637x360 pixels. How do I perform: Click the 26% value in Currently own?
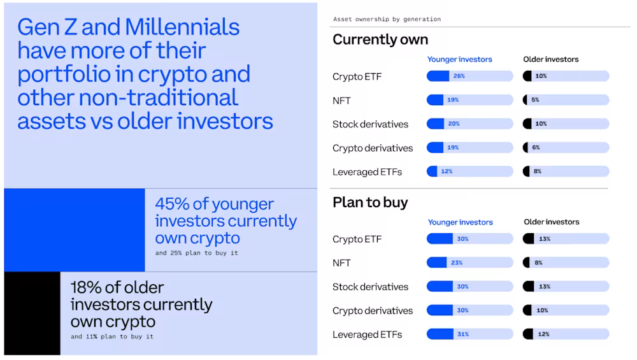459,76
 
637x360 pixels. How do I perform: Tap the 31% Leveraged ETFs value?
462,335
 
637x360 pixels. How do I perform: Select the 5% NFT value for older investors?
535,100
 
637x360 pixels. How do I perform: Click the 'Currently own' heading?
380,40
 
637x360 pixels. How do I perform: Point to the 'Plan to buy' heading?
370,203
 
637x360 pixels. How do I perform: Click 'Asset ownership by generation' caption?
387,19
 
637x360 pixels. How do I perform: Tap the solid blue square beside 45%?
75,230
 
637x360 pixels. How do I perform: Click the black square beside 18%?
32,313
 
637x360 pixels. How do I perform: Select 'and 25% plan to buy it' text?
197,254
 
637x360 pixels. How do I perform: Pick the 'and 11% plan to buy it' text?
112,336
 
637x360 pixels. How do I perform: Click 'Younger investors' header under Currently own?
459,59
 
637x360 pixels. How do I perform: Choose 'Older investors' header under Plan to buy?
551,222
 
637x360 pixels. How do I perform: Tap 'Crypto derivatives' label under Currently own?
373,148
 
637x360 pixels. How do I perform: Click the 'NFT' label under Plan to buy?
341,263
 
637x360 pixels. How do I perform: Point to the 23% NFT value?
457,263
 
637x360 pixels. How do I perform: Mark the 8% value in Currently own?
537,171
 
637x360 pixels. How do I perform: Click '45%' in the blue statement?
173,205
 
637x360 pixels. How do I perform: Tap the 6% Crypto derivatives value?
535,148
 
